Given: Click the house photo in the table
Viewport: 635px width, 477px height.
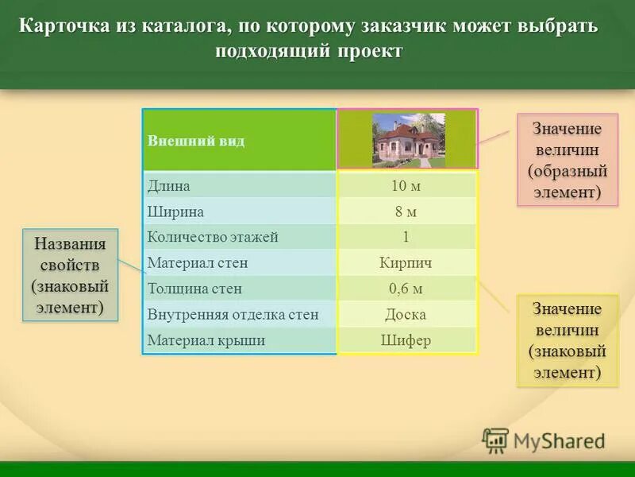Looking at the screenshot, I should point(409,139).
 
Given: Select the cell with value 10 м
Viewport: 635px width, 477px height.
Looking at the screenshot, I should point(406,186).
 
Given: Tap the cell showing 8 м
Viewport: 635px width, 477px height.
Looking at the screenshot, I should point(406,212).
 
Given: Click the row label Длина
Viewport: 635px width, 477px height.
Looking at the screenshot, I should point(169,186).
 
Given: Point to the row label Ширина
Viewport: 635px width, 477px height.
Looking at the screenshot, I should point(176,212).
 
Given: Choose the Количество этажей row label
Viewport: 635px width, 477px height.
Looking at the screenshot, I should point(213,237).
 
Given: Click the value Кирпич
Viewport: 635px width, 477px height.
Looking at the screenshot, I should point(406,263).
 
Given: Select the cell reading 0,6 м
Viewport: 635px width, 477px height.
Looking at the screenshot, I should point(406,289).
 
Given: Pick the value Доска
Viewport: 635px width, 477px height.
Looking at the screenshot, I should point(406,314).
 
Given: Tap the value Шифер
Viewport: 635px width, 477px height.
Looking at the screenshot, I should point(406,340).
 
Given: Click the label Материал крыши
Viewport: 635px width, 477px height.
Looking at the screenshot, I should point(206,340).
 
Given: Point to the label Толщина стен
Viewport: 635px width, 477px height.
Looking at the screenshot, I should point(194,289).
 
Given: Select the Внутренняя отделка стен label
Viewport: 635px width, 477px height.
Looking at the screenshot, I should point(233,314).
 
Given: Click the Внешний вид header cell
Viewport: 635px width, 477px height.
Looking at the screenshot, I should point(196,141).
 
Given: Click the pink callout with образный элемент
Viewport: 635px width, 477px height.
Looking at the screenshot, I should point(568,160).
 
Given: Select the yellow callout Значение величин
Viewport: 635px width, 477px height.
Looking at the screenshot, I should point(567,340).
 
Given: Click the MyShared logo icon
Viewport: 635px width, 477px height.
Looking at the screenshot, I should point(495,440).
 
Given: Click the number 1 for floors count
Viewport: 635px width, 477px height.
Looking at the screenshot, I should point(406,237).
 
